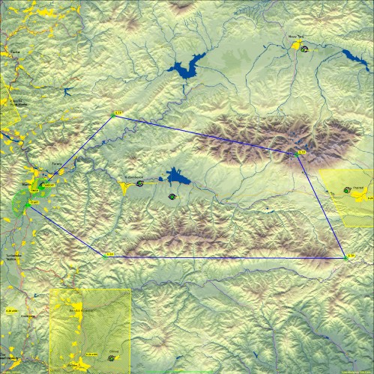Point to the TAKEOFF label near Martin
tap(49, 185)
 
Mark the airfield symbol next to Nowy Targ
tap(304, 49)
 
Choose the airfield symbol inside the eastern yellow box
tap(347, 191)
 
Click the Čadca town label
tap(13, 53)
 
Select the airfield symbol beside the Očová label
tap(112, 358)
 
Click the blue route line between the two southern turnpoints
tap(225, 257)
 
